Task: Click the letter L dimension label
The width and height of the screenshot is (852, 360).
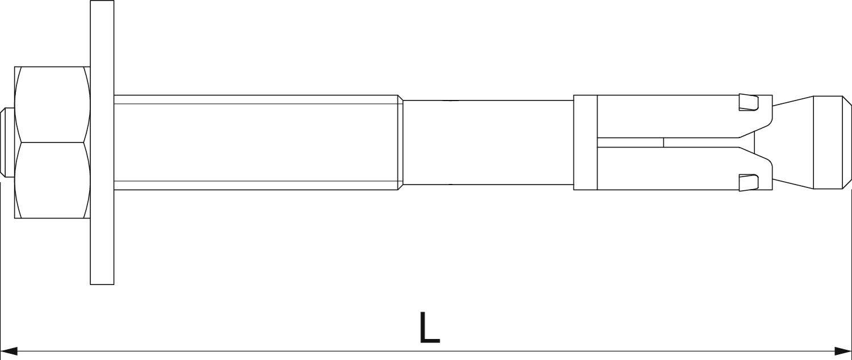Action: tap(429, 327)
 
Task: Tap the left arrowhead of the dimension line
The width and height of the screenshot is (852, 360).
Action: tap(9, 351)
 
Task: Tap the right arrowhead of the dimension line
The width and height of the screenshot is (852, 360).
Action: tap(843, 351)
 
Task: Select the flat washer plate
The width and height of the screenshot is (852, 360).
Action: tap(102, 143)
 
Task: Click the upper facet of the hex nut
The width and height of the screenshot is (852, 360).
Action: tap(52, 104)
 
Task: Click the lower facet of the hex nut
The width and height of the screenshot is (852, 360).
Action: tap(52, 180)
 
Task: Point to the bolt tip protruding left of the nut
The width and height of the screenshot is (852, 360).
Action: tap(7, 143)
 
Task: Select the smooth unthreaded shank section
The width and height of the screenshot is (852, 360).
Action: tap(488, 143)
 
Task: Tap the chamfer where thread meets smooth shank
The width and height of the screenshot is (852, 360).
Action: tap(400, 143)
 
